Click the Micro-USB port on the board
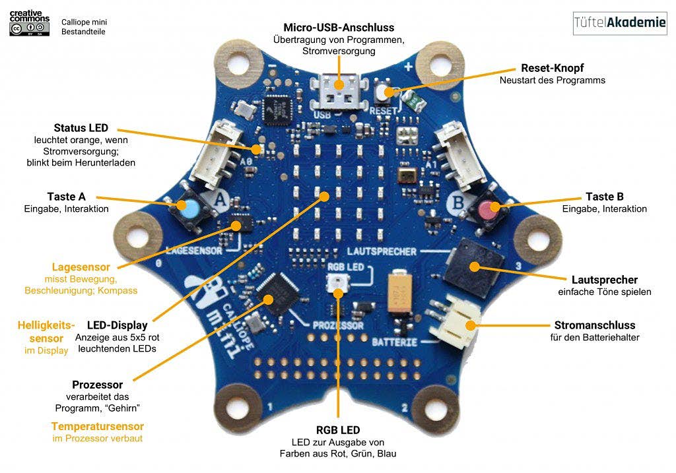[339, 89]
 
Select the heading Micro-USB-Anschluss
[339, 28]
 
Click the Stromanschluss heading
[595, 325]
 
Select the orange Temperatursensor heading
[97, 426]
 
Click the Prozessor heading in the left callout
[98, 384]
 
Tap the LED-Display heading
[116, 325]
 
